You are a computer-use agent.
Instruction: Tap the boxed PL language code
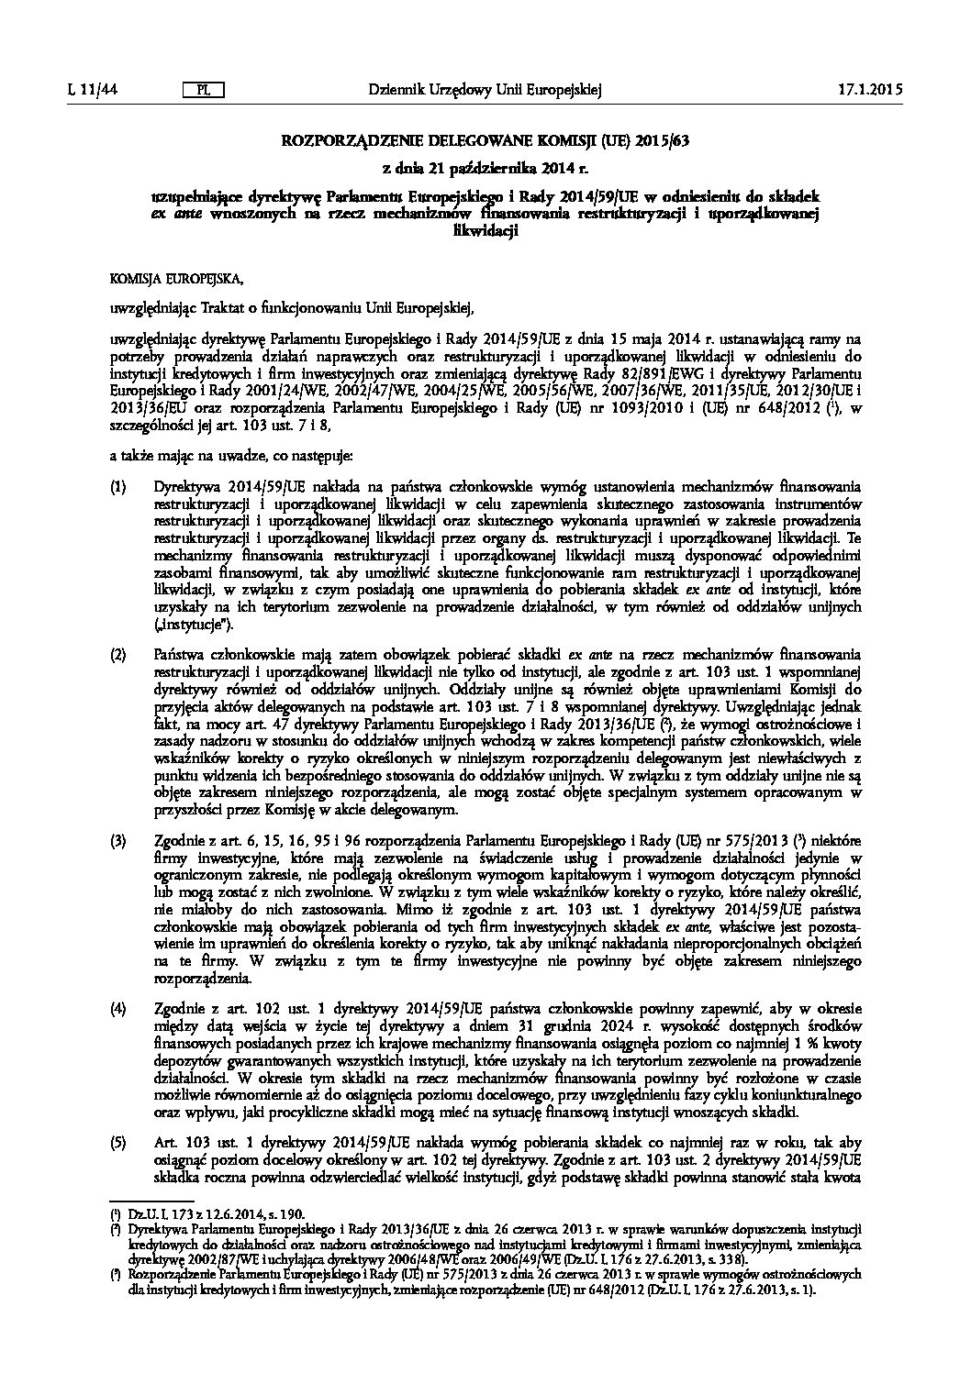[x=204, y=90]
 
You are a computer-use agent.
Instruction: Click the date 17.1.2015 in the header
[x=870, y=90]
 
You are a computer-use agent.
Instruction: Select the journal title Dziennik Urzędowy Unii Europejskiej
[x=484, y=90]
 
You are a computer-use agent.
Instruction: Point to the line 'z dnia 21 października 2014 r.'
[x=484, y=169]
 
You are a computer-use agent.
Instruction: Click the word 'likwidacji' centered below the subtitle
[x=484, y=231]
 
